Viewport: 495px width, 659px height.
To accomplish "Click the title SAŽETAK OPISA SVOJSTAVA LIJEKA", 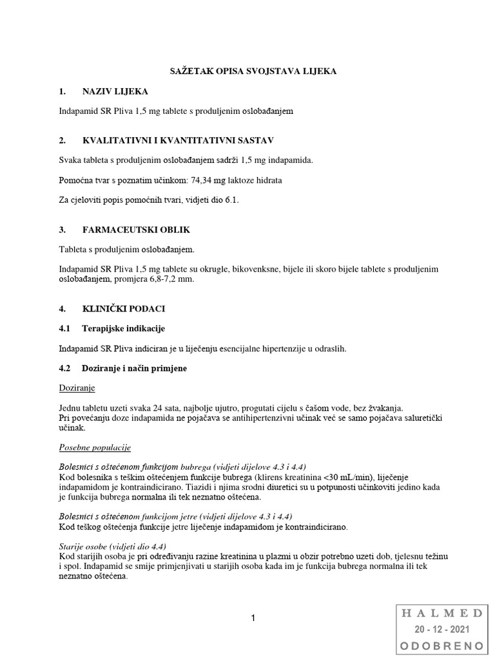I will [x=247, y=71].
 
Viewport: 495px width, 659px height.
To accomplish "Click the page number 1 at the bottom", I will [x=253, y=618].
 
